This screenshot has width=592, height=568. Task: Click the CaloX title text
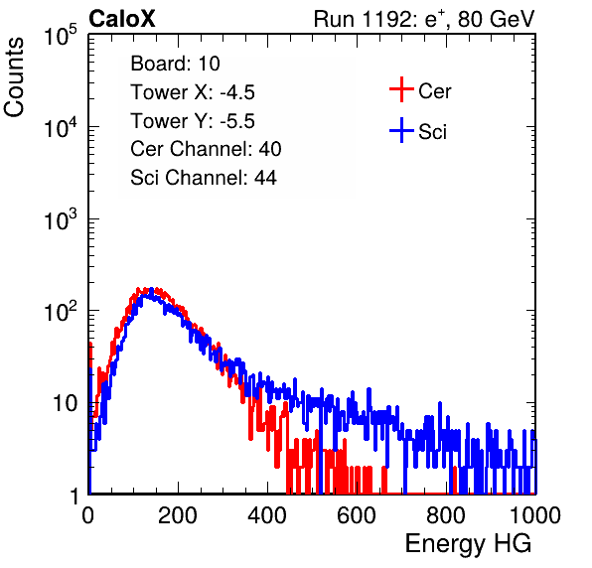122,19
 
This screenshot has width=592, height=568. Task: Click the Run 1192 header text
424,19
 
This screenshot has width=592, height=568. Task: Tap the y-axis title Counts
14,77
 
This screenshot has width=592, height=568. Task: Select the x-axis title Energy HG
468,544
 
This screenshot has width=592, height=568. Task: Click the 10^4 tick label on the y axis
61,127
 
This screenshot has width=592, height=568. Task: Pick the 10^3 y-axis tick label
61,220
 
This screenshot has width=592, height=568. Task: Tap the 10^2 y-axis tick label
61,312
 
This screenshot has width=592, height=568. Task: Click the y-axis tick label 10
65,404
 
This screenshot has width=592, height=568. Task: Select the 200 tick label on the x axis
178,515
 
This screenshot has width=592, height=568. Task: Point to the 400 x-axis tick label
267,515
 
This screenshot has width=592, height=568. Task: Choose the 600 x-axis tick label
357,515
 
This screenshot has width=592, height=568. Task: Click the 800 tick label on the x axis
446,515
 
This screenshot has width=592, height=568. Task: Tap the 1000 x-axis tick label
535,515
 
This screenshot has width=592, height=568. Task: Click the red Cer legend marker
401,89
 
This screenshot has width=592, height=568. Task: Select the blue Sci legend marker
401,131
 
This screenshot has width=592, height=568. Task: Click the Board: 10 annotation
175,64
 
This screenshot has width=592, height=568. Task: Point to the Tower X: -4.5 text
193,92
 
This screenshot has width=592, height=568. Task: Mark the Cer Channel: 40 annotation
206,149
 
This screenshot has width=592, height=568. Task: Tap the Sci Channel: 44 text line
204,178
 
